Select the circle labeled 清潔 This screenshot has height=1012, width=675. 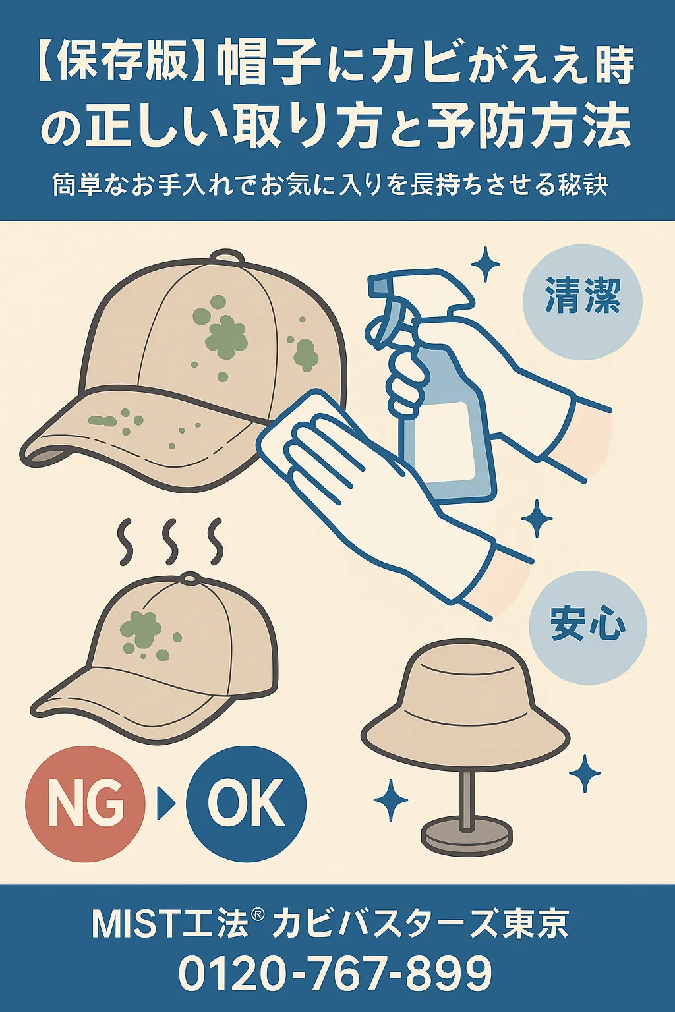point(582,302)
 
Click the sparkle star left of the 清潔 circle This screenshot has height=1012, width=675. point(486,264)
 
